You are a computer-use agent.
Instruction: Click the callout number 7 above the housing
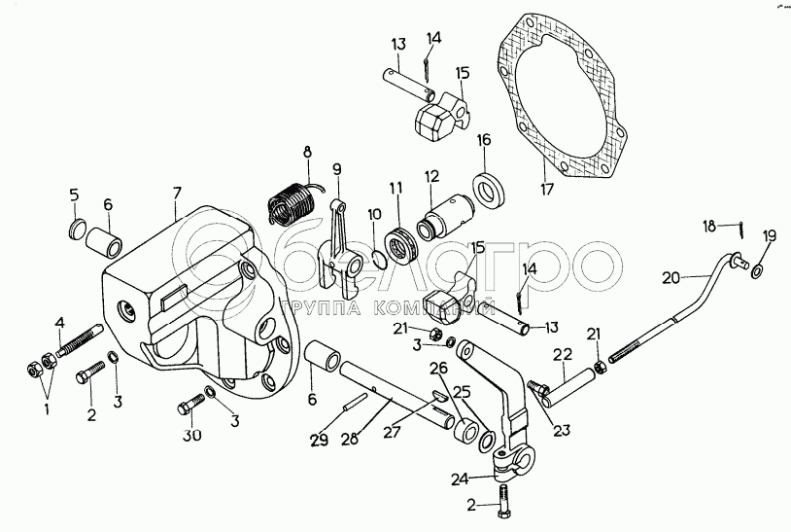click(x=177, y=195)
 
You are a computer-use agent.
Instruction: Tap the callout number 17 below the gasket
click(x=547, y=189)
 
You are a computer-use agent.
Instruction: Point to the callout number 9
click(x=337, y=169)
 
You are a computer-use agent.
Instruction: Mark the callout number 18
click(x=710, y=226)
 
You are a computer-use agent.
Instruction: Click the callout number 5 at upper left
click(x=74, y=197)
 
